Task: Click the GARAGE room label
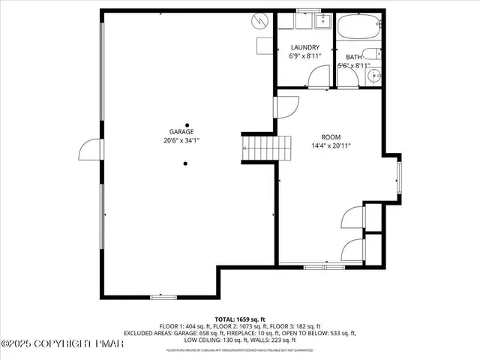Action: (x=187, y=131)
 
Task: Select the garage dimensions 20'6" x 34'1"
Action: (x=187, y=140)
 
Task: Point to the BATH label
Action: (x=352, y=57)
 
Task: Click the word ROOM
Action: (x=331, y=137)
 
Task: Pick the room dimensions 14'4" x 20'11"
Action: (x=331, y=146)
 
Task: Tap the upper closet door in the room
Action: (x=352, y=217)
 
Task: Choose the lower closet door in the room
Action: (x=352, y=250)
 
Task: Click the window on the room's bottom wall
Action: (x=315, y=265)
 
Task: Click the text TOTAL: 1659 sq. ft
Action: (x=240, y=319)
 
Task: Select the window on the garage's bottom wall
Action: (x=163, y=297)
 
